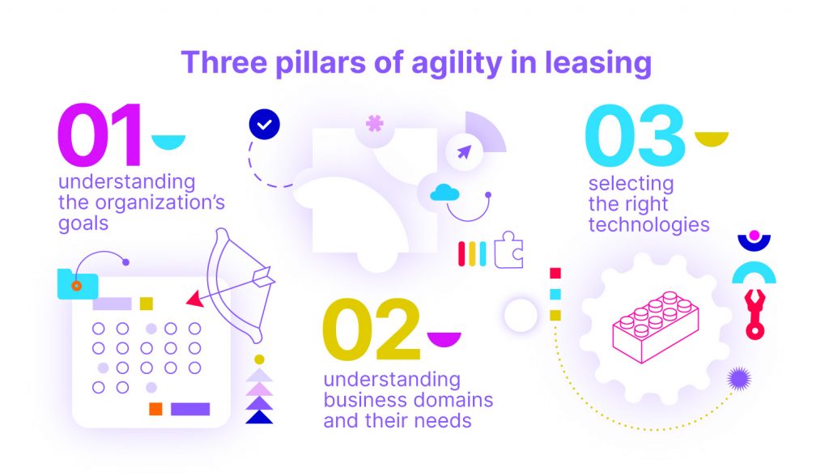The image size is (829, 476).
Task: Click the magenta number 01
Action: [x=100, y=135]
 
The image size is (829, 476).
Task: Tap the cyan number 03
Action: [x=635, y=135]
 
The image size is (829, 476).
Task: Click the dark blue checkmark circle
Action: [x=265, y=125]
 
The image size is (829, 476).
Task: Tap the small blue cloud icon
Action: [x=444, y=193]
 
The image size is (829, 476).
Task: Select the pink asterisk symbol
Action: [x=375, y=123]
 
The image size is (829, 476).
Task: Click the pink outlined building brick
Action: [x=656, y=327]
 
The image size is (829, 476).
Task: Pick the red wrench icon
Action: [x=755, y=313]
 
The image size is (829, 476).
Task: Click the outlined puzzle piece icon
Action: [x=508, y=250]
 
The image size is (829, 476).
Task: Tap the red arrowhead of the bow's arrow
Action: [x=195, y=300]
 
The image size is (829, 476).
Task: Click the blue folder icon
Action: [x=78, y=284]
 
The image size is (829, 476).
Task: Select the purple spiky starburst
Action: [x=738, y=379]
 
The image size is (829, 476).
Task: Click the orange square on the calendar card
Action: [x=155, y=409]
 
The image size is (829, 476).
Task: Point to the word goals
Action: [x=83, y=223]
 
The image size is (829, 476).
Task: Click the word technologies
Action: [x=648, y=225]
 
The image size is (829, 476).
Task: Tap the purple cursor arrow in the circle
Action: [x=464, y=152]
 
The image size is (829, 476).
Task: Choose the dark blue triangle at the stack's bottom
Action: [x=259, y=417]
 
